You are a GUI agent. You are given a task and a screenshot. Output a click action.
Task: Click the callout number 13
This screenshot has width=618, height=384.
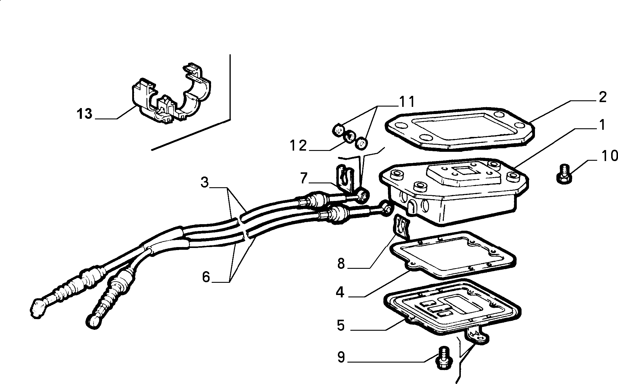[x=85, y=114]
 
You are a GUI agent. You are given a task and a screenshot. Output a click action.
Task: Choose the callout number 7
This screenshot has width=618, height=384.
[x=303, y=178]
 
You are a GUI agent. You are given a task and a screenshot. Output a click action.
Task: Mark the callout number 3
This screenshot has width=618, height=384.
[x=204, y=182]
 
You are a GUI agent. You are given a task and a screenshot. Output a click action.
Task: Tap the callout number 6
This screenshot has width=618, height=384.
[x=206, y=277]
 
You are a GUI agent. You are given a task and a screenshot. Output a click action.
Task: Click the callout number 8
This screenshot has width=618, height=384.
[x=341, y=263]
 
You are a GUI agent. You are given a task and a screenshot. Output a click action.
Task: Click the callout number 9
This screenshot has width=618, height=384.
[x=341, y=358]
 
